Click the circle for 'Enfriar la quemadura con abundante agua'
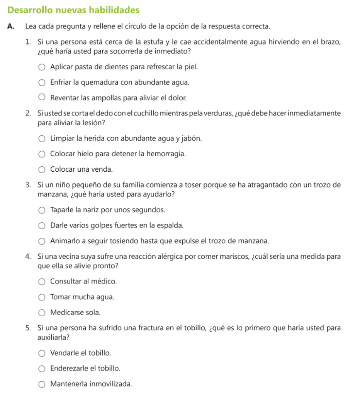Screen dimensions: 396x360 (42, 82)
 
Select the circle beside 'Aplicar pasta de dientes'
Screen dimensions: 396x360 (42, 67)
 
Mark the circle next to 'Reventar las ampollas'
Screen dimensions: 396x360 (42, 97)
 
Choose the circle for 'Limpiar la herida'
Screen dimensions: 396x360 (42, 139)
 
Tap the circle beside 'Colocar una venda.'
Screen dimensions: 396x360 (42, 169)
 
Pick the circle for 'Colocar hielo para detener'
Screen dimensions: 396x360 (42, 154)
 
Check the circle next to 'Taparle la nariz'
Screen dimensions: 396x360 (42, 210)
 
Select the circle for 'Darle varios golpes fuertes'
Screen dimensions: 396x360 (42, 226)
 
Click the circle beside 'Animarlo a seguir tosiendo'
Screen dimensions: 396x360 (42, 241)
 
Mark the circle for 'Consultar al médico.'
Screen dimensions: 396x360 (42, 282)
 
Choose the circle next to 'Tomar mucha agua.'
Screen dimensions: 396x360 (42, 297)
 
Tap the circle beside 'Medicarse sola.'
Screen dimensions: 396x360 (42, 312)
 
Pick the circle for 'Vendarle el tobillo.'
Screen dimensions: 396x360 (42, 353)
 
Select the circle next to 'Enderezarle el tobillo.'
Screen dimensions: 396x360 (42, 369)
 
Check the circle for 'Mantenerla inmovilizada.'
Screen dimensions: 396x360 (42, 384)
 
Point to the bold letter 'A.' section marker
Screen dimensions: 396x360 (11, 27)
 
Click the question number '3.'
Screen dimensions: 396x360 (29, 185)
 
